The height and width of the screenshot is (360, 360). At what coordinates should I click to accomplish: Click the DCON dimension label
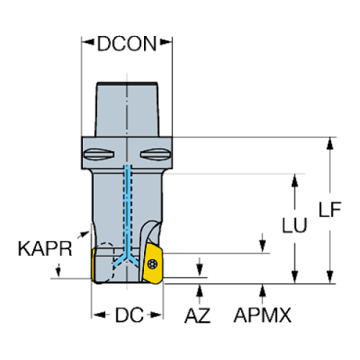coord(126,45)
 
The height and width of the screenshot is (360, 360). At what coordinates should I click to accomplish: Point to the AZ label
coord(198,315)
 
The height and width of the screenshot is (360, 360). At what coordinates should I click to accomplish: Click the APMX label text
coord(262,315)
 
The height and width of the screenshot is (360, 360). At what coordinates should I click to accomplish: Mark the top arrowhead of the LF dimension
coord(331,142)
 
